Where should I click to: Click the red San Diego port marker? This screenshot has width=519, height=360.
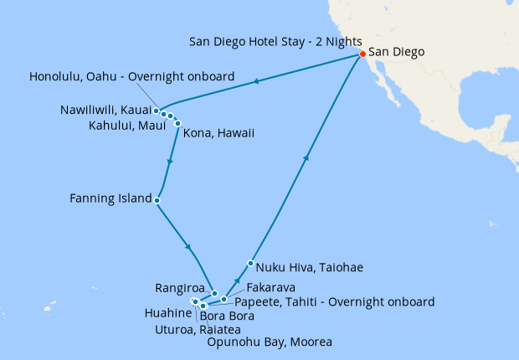coord(362,54)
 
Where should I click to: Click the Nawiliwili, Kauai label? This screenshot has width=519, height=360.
coord(106,110)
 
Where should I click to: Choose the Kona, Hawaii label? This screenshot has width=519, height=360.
coord(219,133)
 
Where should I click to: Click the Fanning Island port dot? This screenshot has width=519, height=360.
coord(157,200)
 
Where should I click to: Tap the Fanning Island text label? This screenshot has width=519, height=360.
coord(111,199)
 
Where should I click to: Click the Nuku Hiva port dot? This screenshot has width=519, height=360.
coord(250,264)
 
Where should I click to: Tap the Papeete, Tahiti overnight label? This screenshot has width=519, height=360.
coord(335,301)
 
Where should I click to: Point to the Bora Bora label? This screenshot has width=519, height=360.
coord(228,316)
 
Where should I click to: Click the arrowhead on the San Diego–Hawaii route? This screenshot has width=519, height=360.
coord(255,81)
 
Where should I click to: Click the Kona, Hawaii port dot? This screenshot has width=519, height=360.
coord(177,122)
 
